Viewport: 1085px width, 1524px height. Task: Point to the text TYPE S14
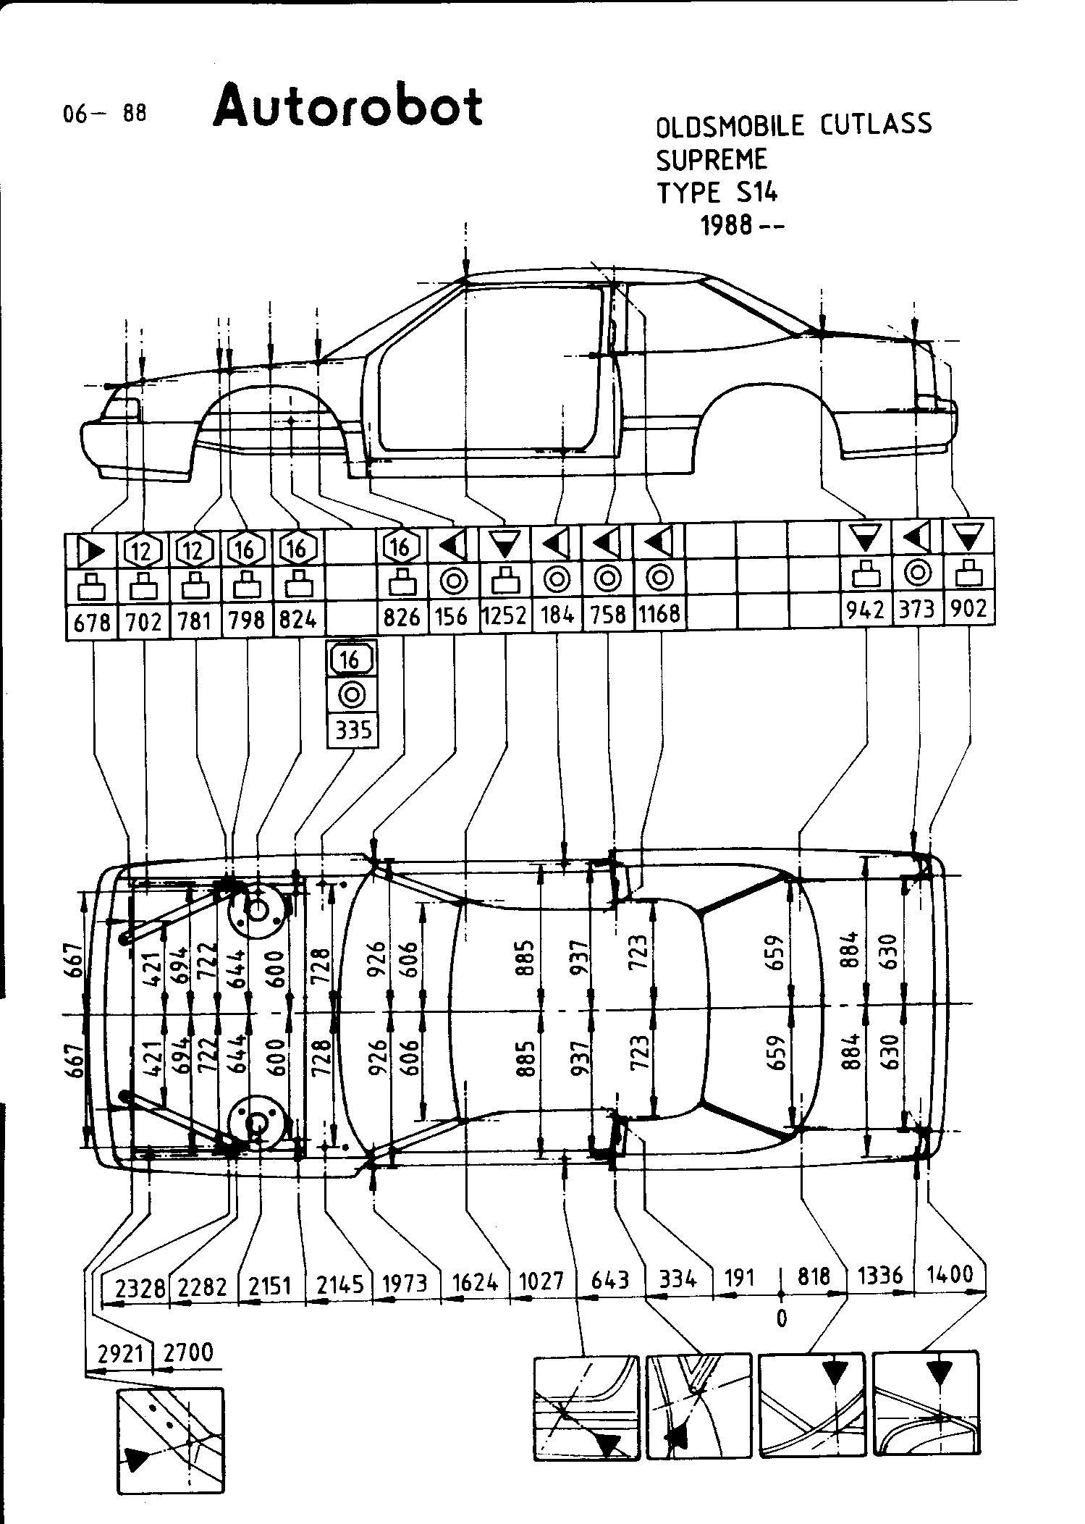coord(717,193)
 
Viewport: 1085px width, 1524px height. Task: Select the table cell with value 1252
coord(505,615)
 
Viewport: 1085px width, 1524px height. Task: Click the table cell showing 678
coord(92,621)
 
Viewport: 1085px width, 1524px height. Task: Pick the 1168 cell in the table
coord(659,614)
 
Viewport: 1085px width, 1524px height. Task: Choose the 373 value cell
coord(917,609)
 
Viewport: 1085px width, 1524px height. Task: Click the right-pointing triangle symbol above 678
coord(92,551)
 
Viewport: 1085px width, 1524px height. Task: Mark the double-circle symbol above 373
coord(917,573)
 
